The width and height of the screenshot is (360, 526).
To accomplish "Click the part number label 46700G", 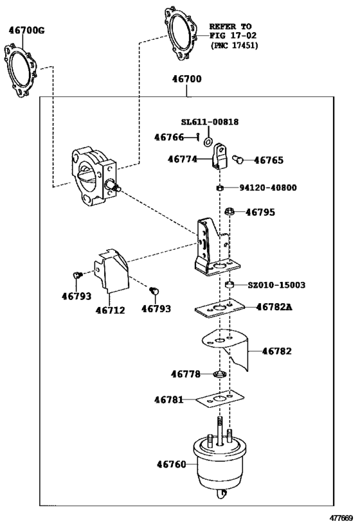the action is click(26, 31).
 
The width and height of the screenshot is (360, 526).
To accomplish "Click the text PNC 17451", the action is click(235, 46).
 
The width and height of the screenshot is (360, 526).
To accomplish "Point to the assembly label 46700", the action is click(186, 79).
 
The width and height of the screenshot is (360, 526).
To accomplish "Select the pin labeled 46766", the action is click(198, 137).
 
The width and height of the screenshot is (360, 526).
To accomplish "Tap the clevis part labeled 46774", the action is click(220, 156).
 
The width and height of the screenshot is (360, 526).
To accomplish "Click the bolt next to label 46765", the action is click(237, 159).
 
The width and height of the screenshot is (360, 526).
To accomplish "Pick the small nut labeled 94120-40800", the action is click(220, 188).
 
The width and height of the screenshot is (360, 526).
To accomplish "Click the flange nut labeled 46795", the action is click(230, 212).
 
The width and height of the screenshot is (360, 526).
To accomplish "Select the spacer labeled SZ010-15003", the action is click(229, 285).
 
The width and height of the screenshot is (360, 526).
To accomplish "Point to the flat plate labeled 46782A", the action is click(220, 308).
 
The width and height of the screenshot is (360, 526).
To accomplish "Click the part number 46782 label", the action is click(276, 351).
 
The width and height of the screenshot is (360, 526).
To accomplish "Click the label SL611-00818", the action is click(210, 122).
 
